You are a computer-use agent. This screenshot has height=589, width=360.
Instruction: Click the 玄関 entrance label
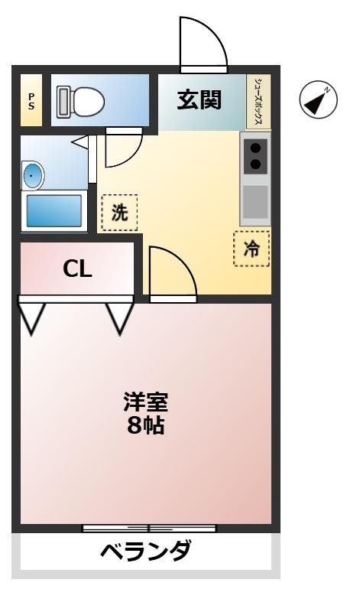click(x=199, y=100)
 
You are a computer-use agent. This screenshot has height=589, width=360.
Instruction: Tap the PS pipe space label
click(x=31, y=100)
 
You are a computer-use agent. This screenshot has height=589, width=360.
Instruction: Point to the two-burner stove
click(x=255, y=155)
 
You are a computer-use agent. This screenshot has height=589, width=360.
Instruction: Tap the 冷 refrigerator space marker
click(x=251, y=248)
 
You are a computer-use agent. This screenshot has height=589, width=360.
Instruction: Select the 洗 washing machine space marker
click(x=119, y=212)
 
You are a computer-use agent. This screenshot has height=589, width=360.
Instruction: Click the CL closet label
click(x=77, y=268)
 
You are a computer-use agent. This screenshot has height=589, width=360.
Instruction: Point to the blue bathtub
click(x=54, y=210)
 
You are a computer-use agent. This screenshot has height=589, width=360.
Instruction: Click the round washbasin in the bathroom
click(x=33, y=175)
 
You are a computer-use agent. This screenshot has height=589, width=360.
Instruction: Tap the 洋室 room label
click(x=145, y=401)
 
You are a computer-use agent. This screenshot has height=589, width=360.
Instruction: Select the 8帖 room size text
click(x=145, y=425)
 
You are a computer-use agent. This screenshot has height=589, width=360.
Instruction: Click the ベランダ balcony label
click(x=145, y=551)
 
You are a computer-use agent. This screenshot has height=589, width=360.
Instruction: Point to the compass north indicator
click(x=318, y=100)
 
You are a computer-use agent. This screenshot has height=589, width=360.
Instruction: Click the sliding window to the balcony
click(x=149, y=528)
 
